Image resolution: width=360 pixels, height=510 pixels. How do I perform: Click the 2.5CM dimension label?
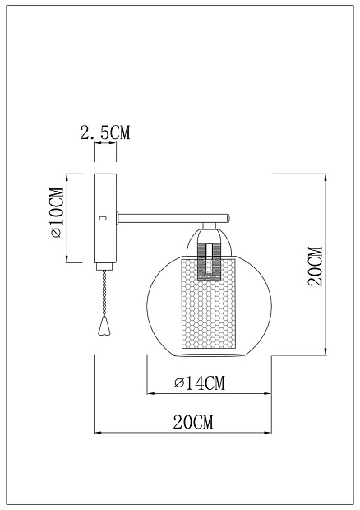pyautogui.click(x=105, y=132)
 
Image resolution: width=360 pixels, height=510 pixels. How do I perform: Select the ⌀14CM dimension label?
pyautogui.click(x=200, y=382)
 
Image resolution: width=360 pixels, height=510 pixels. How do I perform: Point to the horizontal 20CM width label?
pyautogui.click(x=193, y=422)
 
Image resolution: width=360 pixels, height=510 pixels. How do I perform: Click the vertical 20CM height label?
pyautogui.click(x=316, y=266)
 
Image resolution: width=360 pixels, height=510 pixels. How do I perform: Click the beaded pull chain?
pyautogui.click(x=104, y=293)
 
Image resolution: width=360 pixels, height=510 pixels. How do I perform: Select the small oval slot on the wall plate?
pyautogui.click(x=104, y=218)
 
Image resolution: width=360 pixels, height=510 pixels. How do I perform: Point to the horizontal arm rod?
pyautogui.click(x=173, y=218)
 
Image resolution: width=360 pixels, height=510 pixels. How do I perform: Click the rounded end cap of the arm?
pyautogui.click(x=228, y=218)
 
